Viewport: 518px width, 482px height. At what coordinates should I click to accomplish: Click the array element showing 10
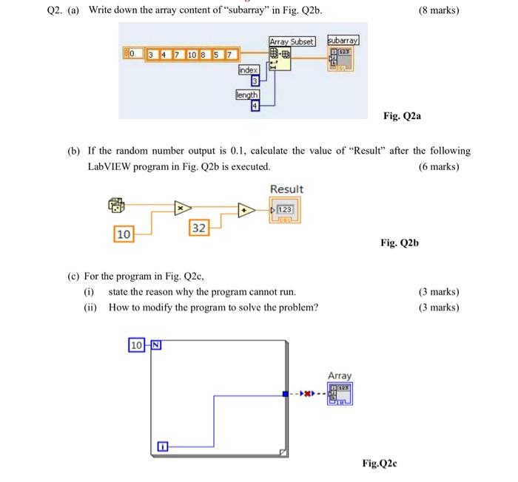192,55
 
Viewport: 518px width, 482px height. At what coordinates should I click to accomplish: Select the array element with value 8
203,55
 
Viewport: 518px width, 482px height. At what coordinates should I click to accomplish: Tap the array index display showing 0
133,53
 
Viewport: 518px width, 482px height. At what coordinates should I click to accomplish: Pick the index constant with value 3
255,81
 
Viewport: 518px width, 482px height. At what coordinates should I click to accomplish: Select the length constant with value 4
255,106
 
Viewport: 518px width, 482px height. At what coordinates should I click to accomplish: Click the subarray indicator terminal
340,58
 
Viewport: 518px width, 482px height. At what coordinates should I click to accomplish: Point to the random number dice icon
116,206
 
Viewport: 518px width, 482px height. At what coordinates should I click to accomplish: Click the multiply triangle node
183,208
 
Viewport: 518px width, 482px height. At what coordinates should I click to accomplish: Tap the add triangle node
246,210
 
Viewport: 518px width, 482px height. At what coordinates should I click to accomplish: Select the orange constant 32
199,228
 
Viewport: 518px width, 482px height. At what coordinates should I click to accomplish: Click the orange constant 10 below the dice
124,234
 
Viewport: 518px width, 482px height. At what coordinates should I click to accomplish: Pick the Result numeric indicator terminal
285,210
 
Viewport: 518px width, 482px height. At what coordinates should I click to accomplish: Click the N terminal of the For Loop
156,345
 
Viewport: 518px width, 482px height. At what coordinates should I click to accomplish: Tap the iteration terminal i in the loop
163,447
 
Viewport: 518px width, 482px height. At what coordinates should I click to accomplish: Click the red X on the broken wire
308,393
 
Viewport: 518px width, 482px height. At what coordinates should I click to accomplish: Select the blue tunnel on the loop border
286,394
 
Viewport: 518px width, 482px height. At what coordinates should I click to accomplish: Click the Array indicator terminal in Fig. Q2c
340,393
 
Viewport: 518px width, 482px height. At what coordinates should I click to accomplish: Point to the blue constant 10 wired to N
136,345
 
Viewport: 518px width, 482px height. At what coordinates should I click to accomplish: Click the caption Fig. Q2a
402,116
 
